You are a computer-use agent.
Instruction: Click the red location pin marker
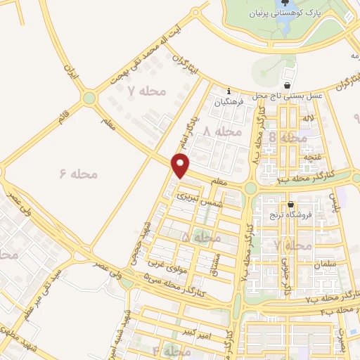[x=181, y=166]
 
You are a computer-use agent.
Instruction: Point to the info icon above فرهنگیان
[x=229, y=90]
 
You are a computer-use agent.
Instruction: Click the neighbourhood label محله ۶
[x=79, y=173]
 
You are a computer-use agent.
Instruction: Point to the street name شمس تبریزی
[x=196, y=198]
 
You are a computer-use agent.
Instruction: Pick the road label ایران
[x=70, y=74]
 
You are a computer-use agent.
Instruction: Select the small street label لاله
[x=307, y=122]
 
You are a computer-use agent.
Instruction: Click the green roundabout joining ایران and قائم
[x=89, y=98]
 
